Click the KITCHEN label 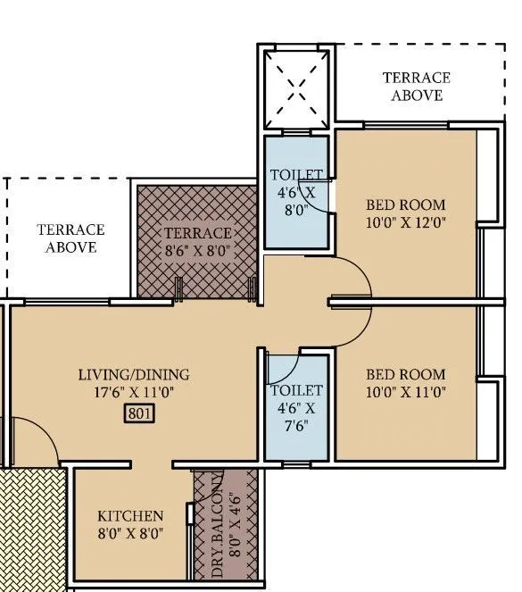click(x=130, y=516)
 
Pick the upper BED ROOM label click(x=405, y=204)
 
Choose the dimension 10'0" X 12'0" click(x=405, y=222)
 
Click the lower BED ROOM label click(x=405, y=374)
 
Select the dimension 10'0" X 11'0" click(x=405, y=391)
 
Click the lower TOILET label click(x=296, y=391)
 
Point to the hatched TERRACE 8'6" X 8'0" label click(x=197, y=234)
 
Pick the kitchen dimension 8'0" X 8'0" click(x=130, y=533)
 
